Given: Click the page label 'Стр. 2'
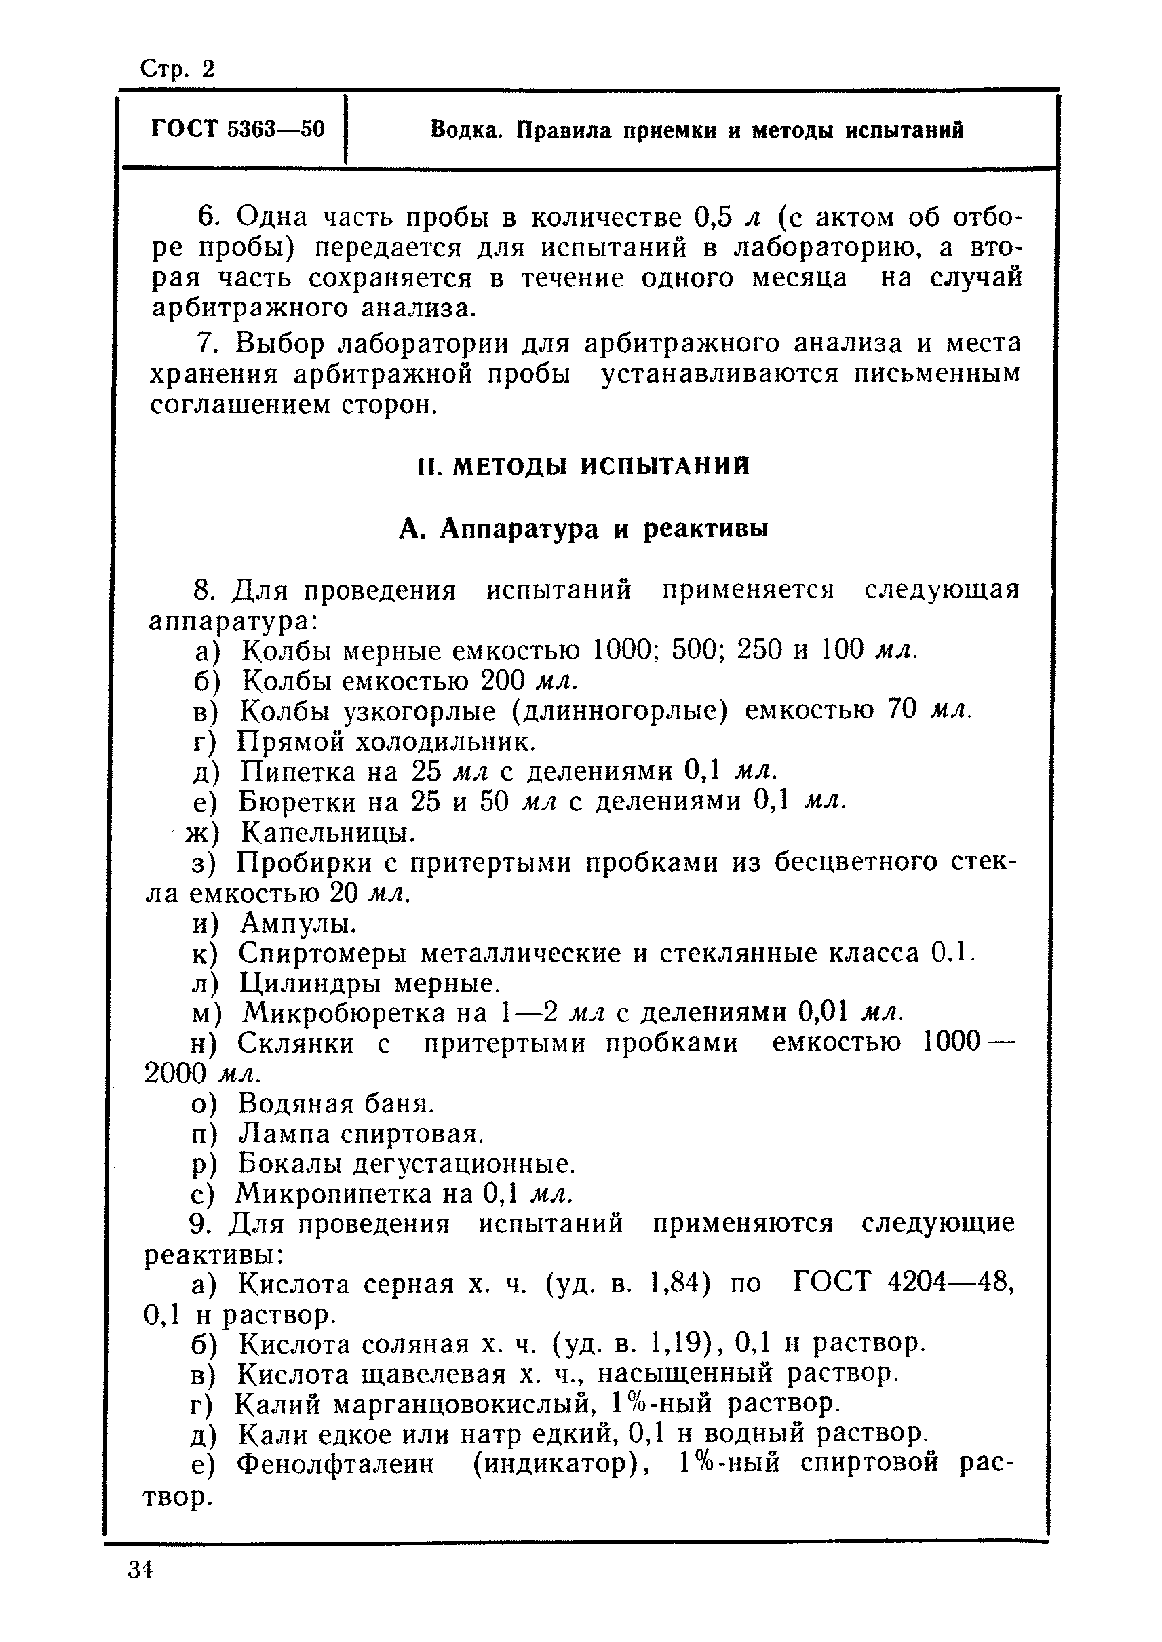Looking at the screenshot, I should click(177, 69).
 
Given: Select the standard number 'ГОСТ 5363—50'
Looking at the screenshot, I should click(237, 130).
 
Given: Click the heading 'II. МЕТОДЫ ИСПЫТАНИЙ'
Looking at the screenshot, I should click(584, 467).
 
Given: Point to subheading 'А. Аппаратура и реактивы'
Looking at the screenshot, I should click(583, 529).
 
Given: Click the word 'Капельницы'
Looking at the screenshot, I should click(328, 832).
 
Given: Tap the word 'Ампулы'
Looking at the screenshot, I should click(298, 923).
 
